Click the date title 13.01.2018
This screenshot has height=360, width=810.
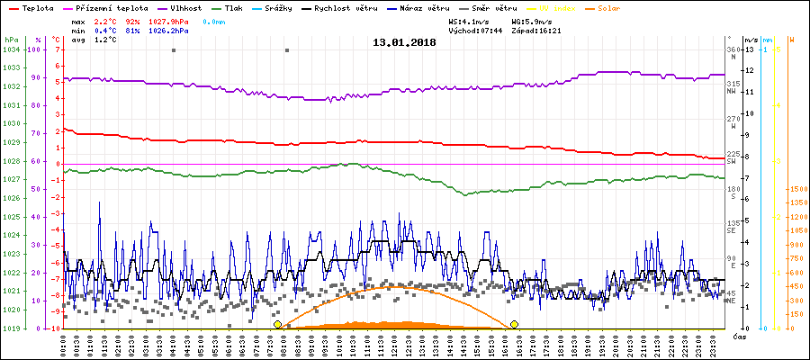405,42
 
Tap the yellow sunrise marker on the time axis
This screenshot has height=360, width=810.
277,324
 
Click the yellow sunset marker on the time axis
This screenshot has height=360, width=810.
514,324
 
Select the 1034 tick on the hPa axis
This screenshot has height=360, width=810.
12,49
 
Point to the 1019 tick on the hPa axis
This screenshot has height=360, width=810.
12,328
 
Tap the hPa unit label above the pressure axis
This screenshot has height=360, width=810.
12,40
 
